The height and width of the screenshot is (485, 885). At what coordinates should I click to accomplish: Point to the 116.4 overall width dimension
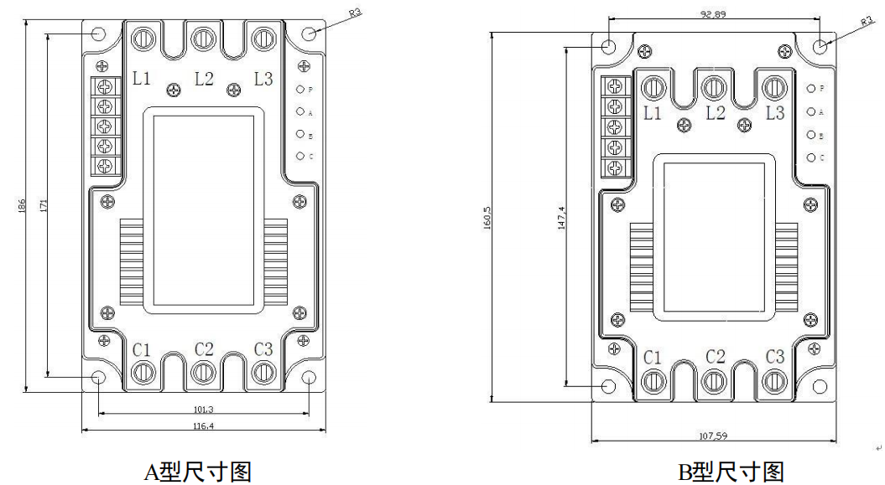click(204, 426)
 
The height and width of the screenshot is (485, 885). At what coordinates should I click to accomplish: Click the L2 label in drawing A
click(204, 79)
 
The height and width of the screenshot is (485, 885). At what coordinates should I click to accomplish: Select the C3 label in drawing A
click(263, 348)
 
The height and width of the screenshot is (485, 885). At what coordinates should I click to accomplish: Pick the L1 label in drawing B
click(653, 111)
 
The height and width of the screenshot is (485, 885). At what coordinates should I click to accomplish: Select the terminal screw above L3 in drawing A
click(264, 38)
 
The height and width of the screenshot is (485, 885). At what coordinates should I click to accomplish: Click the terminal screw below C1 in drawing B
click(653, 382)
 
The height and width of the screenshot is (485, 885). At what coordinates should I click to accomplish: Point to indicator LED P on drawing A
click(300, 87)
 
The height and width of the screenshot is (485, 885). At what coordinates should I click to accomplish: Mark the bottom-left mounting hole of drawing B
click(610, 386)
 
